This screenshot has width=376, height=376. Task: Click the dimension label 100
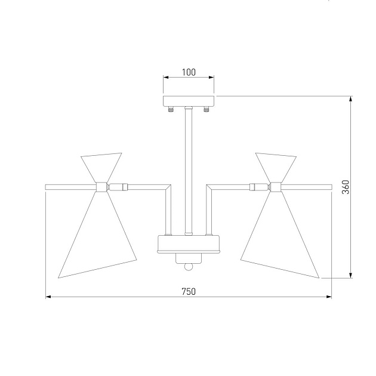189,72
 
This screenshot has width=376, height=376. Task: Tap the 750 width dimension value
189,292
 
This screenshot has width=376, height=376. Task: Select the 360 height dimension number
346,187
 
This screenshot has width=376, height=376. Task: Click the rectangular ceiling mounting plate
189,101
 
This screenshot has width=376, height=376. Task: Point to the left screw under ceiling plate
171,109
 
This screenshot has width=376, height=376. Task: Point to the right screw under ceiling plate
207,109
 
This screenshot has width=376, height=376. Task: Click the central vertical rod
189,171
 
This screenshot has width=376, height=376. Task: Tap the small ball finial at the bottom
189,267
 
